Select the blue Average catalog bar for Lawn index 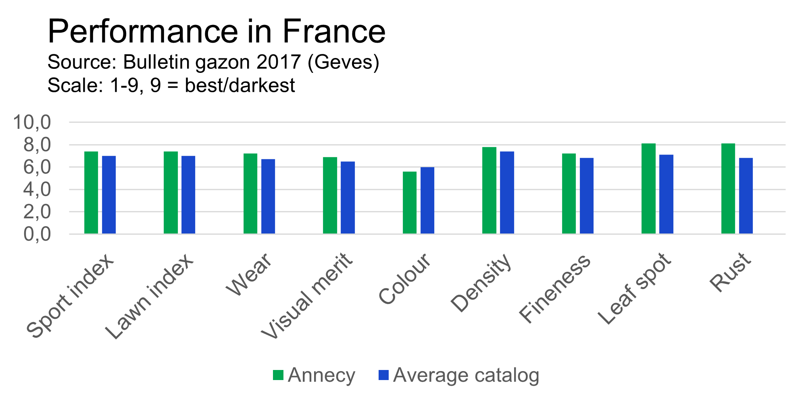188,195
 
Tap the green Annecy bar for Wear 250,194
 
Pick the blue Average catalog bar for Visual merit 348,198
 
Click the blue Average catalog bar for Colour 427,200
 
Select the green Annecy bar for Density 489,190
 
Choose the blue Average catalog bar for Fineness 587,196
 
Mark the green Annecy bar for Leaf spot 648,188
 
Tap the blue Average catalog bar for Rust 746,196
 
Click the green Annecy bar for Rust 728,188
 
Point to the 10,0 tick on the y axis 32,122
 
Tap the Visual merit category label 307,296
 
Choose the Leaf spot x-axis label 635,289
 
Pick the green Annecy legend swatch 278,375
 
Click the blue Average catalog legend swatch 383,375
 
